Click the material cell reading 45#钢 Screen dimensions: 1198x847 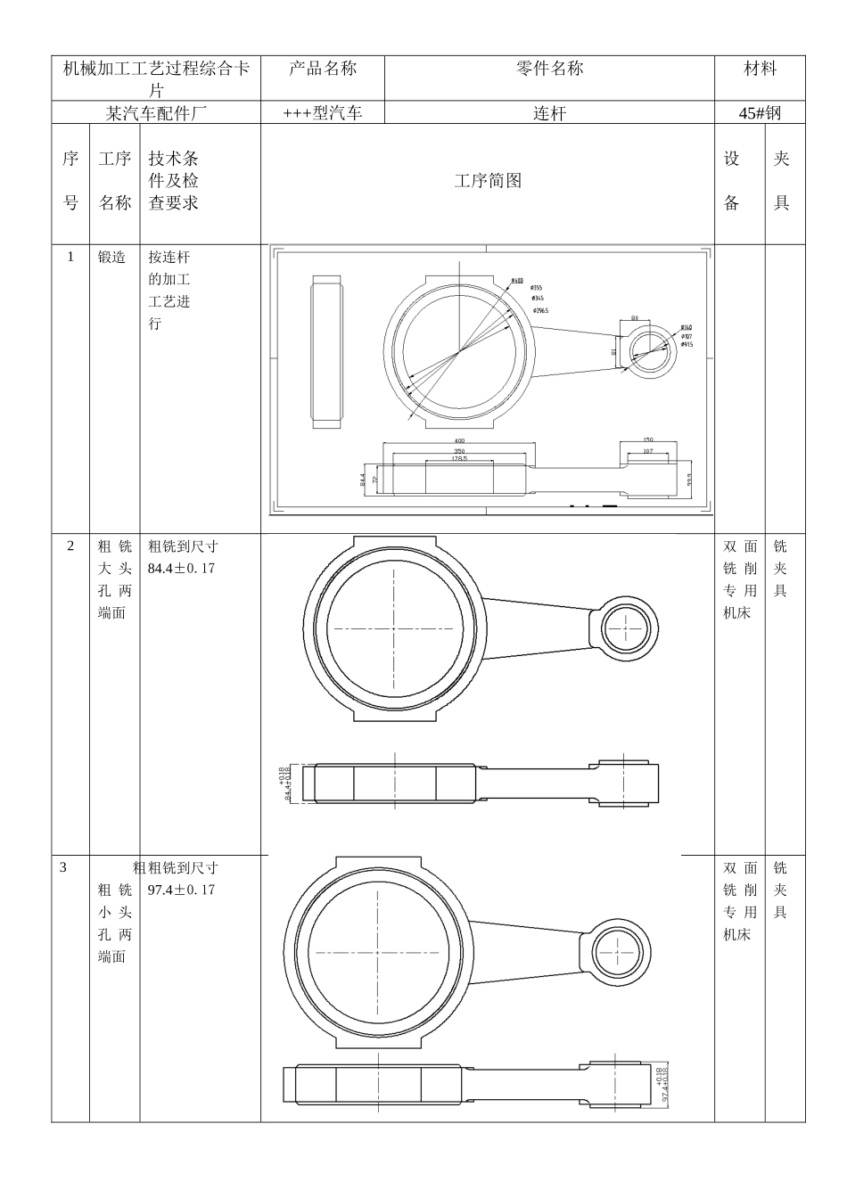tap(760, 113)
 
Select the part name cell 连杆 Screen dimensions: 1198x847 tap(549, 113)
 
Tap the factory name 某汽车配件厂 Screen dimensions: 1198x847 tap(156, 113)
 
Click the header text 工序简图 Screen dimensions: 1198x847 tap(488, 181)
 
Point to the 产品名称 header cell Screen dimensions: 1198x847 tap(322, 69)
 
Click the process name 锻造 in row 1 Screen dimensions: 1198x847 tap(112, 258)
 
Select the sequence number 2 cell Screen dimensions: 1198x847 tap(71, 546)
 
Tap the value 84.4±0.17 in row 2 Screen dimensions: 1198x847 tap(182, 569)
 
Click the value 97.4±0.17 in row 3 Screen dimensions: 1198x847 tap(182, 890)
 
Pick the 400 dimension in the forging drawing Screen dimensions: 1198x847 tap(459, 440)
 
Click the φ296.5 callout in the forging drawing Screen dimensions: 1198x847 tap(540, 310)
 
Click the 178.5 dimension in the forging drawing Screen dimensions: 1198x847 tap(459, 458)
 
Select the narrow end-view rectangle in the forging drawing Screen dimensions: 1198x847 tap(326, 353)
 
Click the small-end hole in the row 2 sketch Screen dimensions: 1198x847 tap(625, 628)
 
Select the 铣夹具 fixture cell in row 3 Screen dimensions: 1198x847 tap(781, 890)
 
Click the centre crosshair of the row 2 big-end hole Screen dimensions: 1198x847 tap(394, 628)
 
